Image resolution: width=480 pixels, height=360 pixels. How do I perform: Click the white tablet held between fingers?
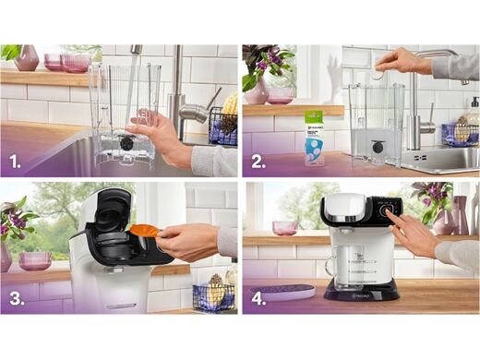[x=378, y=73]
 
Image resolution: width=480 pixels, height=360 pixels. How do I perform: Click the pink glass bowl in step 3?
[x=35, y=260]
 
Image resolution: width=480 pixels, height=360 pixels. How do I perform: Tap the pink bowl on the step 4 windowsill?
[x=284, y=227]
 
